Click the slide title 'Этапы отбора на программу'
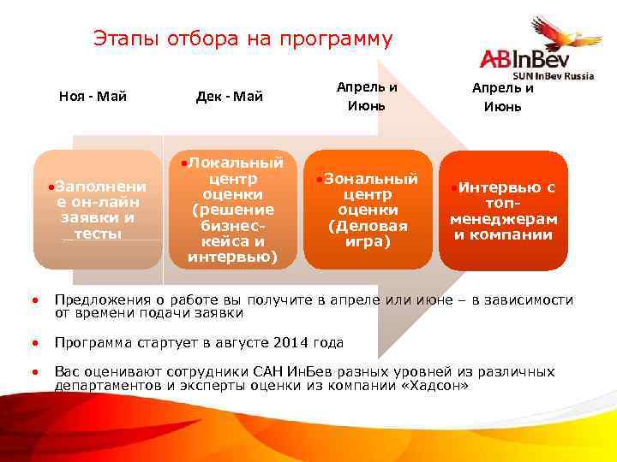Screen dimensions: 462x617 243,39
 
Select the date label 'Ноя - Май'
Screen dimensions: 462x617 93,96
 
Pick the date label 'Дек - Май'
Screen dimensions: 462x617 229,96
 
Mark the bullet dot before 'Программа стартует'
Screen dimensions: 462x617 34,344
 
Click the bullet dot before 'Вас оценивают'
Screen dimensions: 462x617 34,373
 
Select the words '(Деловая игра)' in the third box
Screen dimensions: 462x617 367,233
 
